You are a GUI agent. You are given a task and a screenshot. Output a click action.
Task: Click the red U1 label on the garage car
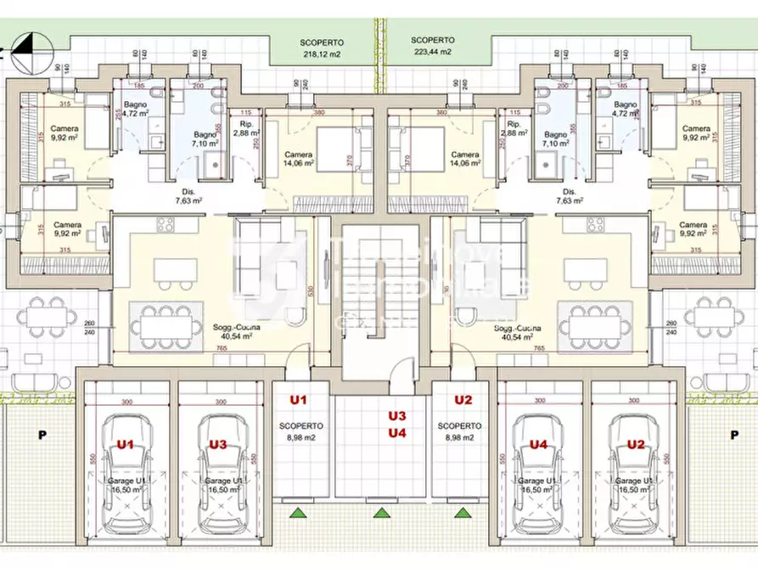click(x=126, y=443)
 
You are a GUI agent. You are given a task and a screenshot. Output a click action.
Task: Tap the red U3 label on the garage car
click(x=218, y=443)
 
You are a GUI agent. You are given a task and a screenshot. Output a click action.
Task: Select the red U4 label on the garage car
click(x=538, y=443)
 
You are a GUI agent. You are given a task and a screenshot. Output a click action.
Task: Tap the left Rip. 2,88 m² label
click(x=246, y=129)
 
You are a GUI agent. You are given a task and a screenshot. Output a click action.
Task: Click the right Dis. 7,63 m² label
click(x=569, y=197)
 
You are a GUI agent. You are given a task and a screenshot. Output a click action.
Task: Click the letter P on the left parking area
click(x=42, y=434)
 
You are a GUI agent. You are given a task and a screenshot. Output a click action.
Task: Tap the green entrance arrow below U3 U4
click(x=380, y=512)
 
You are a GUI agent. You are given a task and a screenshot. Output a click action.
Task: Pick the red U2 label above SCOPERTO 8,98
click(x=463, y=399)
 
